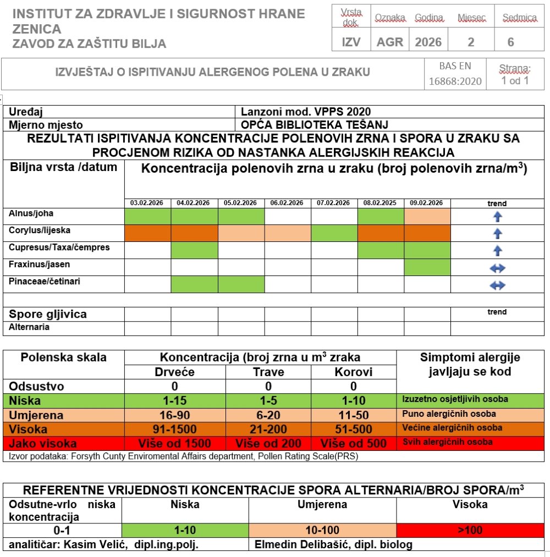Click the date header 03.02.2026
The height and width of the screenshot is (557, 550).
pyautogui.click(x=147, y=203)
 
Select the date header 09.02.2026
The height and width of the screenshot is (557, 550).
pyautogui.click(x=427, y=203)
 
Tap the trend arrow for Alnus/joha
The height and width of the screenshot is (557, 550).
pyautogui.click(x=497, y=217)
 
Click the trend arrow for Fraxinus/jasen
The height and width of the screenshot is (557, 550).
pyautogui.click(x=497, y=268)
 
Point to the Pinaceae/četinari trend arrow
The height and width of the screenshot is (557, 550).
pyautogui.click(x=497, y=285)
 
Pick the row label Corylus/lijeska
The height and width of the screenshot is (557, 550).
pyautogui.click(x=40, y=230)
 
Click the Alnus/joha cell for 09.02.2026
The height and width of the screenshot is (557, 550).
pyautogui.click(x=427, y=216)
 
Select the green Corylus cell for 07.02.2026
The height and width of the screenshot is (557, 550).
pyautogui.click(x=334, y=233)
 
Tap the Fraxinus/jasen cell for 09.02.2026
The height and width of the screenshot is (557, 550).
pyautogui.click(x=427, y=268)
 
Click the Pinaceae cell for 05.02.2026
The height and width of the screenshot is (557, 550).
pyautogui.click(x=241, y=284)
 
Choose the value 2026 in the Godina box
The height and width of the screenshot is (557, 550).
pyautogui.click(x=428, y=42)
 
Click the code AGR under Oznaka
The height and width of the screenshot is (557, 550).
pyautogui.click(x=390, y=42)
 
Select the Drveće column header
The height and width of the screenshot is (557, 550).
pyautogui.click(x=175, y=372)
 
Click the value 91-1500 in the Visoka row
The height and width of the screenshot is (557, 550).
pyautogui.click(x=175, y=429)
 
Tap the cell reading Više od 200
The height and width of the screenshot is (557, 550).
pyautogui.click(x=268, y=443)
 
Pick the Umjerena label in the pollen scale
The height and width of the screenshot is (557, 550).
pyautogui.click(x=36, y=415)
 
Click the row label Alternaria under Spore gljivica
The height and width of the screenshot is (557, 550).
pyautogui.click(x=29, y=327)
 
